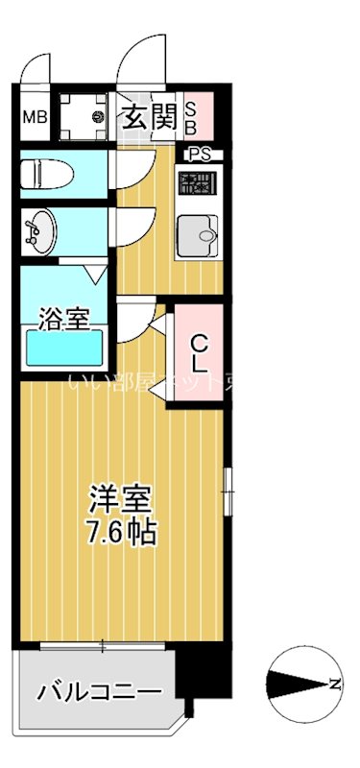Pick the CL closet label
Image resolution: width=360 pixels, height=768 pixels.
point(197,352)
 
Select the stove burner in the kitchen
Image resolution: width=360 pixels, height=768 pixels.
point(198,184)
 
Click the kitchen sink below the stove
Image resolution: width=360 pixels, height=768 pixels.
point(199,231)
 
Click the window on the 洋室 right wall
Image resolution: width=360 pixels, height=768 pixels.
point(228,490)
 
